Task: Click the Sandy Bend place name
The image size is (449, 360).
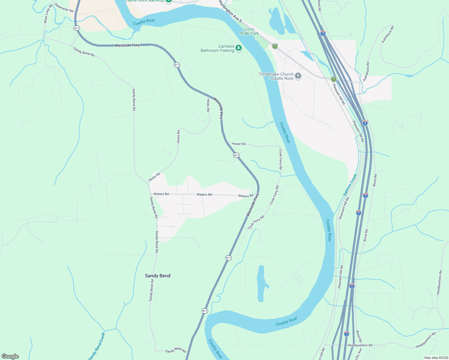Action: pos(158,276)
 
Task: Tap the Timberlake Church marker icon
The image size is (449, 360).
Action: pos(298,76)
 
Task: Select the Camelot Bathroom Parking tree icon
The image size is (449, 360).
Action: pos(239,48)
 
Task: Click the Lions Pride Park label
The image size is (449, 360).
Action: pos(249,31)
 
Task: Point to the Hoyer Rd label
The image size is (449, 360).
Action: pos(239,144)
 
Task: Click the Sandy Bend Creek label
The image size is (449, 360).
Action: pos(97,346)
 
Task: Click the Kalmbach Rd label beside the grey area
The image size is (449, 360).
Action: pos(366,71)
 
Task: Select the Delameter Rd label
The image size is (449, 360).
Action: pos(64,8)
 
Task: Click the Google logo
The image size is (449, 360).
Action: pos(10,356)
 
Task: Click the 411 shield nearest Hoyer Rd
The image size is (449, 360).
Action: pos(236,155)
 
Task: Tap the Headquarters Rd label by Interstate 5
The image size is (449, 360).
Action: pos(360,345)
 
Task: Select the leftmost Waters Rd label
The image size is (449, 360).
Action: pos(161,194)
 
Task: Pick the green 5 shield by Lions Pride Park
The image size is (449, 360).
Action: pos(275,46)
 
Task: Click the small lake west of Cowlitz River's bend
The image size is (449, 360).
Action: pos(261,283)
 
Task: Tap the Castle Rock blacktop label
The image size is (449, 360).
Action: pos(145,1)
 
